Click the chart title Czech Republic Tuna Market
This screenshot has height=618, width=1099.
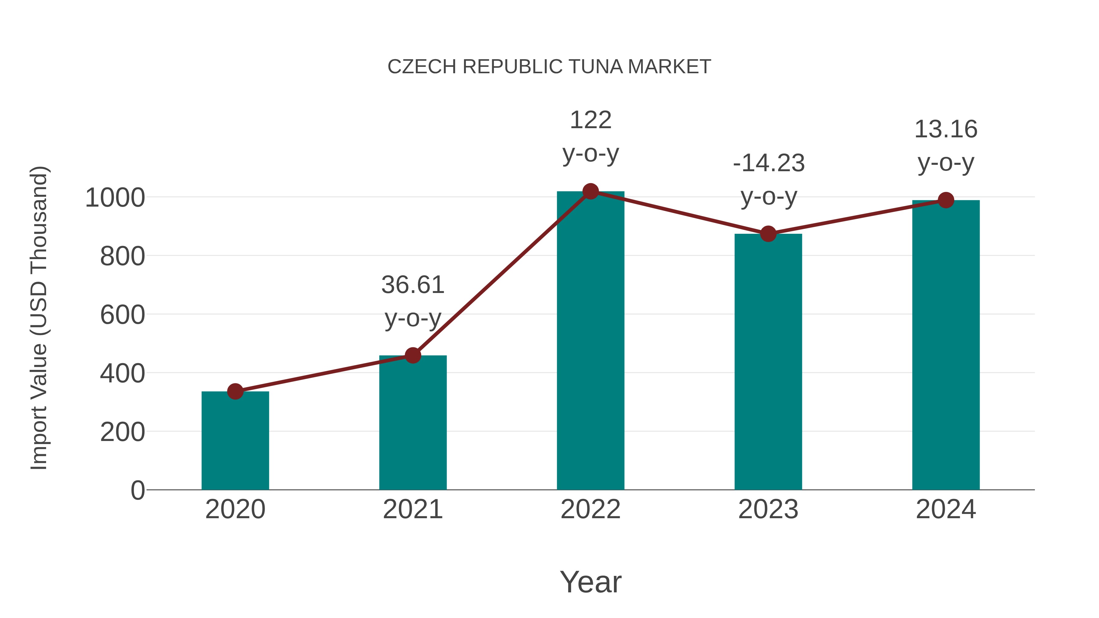549,67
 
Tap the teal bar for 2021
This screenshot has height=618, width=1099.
412,422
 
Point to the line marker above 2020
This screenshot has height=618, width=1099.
235,391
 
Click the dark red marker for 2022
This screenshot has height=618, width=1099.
590,191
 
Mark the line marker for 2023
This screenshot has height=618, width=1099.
768,234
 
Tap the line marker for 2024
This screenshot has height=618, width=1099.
946,200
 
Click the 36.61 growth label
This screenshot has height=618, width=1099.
412,285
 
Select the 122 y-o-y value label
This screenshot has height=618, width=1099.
590,120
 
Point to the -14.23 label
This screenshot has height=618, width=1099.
768,163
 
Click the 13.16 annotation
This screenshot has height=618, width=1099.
946,129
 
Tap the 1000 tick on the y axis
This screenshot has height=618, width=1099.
115,198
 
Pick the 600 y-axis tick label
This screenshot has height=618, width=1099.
122,315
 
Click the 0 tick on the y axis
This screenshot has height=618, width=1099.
137,490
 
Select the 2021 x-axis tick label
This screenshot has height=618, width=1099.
412,509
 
